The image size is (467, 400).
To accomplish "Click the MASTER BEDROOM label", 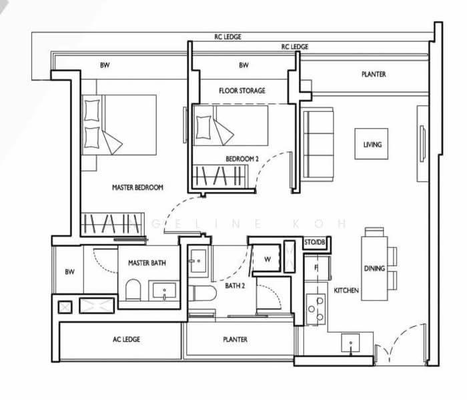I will pos(137,188).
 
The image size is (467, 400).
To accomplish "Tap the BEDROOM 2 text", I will pos(242,159).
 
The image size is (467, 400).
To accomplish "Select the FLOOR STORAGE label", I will pos(242,91).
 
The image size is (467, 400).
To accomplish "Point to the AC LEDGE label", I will pos(126,339).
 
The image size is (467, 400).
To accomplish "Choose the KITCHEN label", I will pos(346,291).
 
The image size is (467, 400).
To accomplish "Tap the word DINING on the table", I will pos(374,269).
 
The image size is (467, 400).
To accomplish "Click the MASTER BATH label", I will pos(147,263).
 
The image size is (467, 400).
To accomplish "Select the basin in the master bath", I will pos(163,291).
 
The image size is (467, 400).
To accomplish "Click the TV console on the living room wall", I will pos(422,143).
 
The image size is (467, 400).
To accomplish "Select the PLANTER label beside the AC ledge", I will pos(235,339).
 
